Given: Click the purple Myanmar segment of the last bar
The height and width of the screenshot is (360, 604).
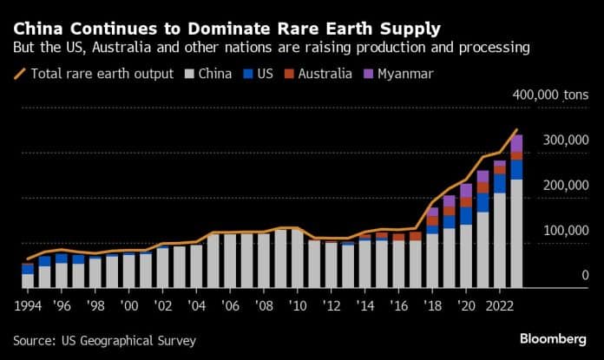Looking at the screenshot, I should (516, 143).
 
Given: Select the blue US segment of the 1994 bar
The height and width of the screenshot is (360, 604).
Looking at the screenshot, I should (28, 268).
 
